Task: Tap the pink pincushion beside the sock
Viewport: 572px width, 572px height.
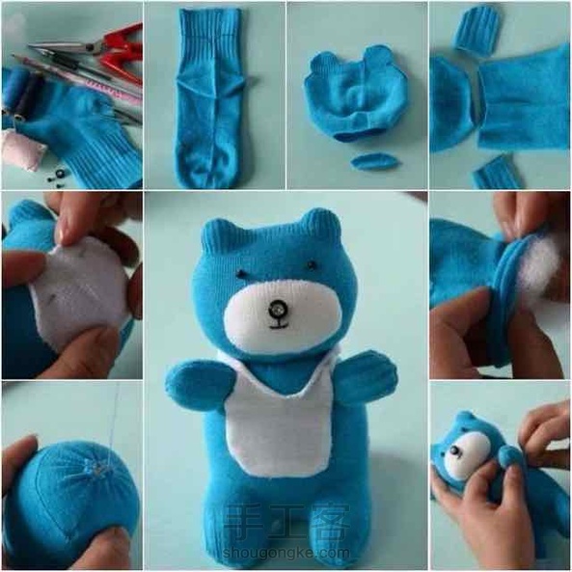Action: point(22,151)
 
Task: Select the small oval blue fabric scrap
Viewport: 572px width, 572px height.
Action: point(373,161)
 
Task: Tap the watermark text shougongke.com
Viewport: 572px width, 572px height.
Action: point(286,554)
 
